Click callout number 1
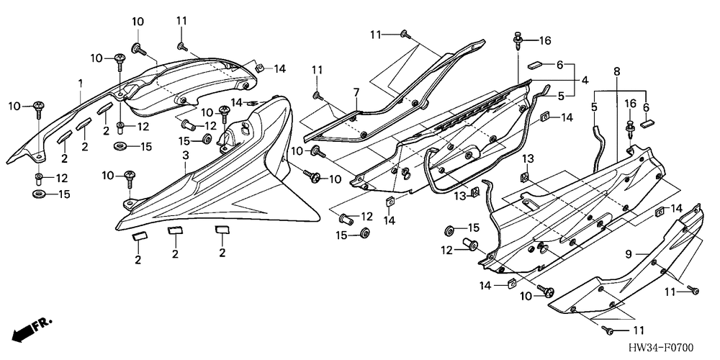click(81, 84)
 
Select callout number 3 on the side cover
click(185, 155)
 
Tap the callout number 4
click(585, 79)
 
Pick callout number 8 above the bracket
click(616, 71)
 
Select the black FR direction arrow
click(24, 330)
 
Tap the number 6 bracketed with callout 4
click(559, 63)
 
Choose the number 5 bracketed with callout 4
click(559, 94)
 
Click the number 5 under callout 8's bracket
click(594, 107)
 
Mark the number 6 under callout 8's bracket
click(646, 107)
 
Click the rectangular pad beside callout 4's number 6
click(535, 63)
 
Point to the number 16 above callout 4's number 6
click(544, 40)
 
